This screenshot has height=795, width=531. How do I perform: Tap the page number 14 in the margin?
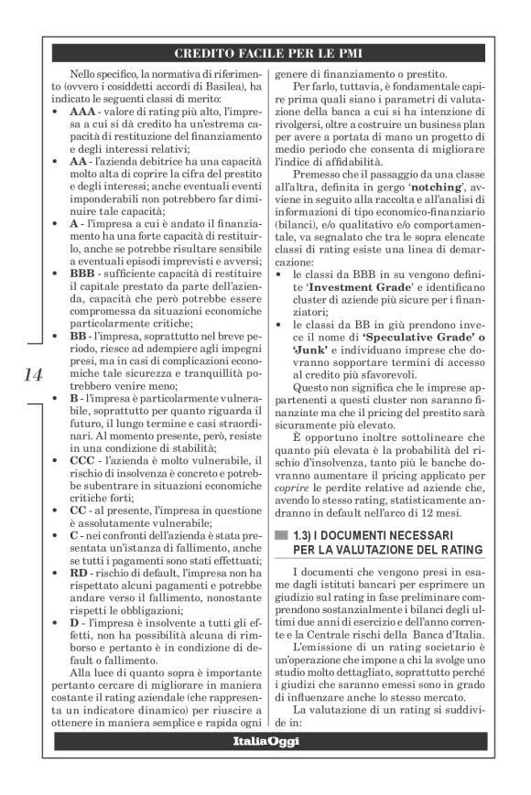click(29, 373)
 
